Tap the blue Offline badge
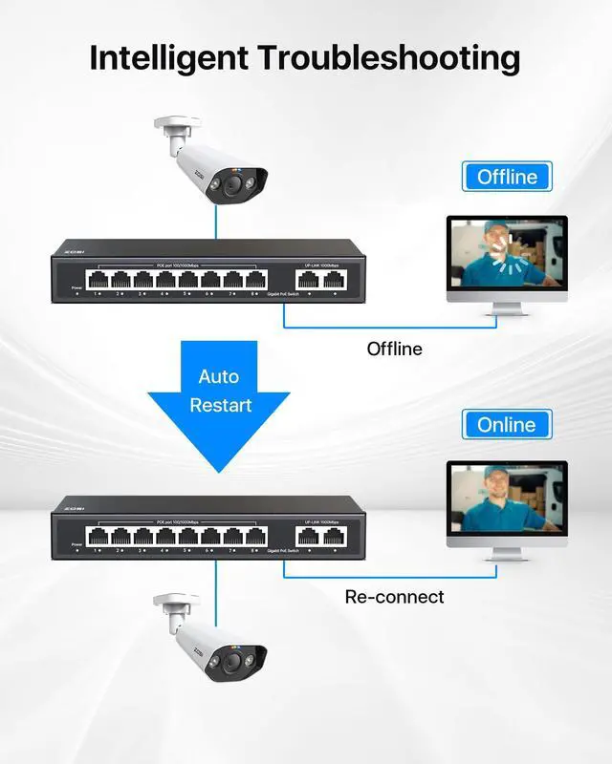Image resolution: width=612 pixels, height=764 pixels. (507, 177)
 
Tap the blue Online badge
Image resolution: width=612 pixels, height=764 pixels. (507, 424)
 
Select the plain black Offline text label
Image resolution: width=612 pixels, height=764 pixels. (394, 349)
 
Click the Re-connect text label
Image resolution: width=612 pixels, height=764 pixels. (394, 597)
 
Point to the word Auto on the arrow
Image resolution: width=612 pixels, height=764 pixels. (219, 376)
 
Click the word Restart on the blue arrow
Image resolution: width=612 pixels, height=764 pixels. (220, 405)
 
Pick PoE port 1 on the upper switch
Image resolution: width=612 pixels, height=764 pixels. (98, 279)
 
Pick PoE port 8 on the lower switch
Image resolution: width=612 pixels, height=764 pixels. (254, 536)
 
